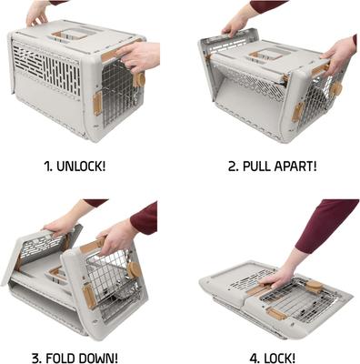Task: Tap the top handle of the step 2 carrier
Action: click(x=264, y=55)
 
